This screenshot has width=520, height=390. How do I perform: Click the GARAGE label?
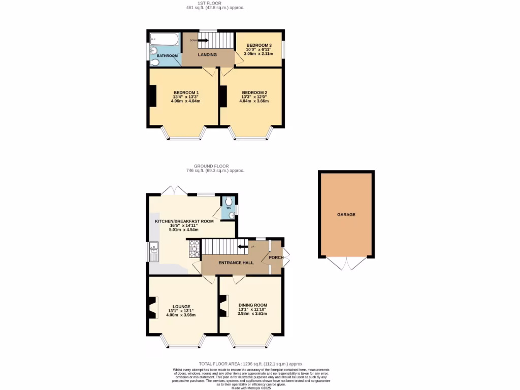[x=346, y=214]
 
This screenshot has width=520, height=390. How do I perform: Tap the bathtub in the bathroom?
[x=164, y=39]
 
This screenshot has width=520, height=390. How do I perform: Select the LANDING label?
[x=207, y=55]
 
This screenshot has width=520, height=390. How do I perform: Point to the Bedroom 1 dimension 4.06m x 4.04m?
[x=185, y=101]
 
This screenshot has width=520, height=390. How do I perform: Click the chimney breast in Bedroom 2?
[x=223, y=96]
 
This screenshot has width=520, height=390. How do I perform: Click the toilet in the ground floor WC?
[x=229, y=200]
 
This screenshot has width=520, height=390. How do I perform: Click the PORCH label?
[x=276, y=257]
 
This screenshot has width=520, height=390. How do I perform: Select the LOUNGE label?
[x=181, y=307]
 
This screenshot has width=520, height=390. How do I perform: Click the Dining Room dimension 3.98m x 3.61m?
[x=252, y=313]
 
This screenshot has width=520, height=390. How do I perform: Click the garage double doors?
[x=346, y=263]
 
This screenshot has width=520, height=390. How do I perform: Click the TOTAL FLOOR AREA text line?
[x=251, y=364]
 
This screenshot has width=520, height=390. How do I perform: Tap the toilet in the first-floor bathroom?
[x=155, y=62]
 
